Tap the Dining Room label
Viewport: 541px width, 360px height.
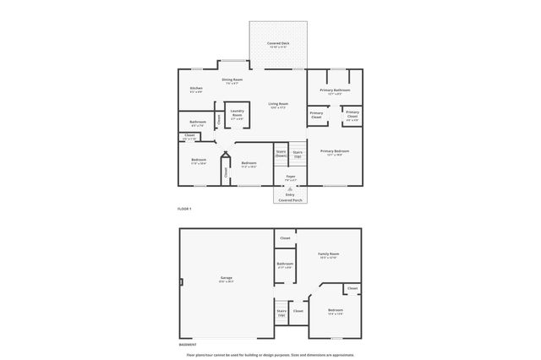232,80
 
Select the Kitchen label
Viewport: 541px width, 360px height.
196,88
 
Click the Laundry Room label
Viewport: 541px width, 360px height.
238,112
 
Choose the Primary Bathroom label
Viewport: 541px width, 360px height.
335,90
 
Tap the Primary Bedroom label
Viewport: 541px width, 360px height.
335,151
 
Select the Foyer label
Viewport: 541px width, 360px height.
290,177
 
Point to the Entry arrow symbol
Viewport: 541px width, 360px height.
290,188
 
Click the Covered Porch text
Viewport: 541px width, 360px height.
290,200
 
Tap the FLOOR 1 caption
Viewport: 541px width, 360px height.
184,208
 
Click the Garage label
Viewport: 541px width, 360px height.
227,277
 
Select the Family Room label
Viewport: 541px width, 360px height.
328,254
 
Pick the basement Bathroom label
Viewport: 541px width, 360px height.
285,265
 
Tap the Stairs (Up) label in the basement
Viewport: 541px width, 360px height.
281,312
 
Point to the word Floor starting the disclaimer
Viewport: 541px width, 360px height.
190,354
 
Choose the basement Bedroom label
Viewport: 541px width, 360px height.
335,310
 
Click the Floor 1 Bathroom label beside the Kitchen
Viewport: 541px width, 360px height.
198,122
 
